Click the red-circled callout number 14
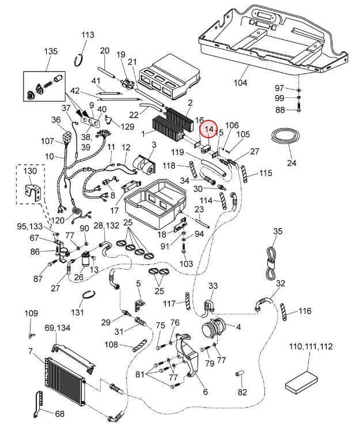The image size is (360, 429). click(x=209, y=129)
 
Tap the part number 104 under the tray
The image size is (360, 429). click(x=240, y=82)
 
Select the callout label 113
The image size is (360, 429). click(x=88, y=35)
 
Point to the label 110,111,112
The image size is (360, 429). click(x=310, y=347)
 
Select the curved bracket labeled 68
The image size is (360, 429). click(x=39, y=405)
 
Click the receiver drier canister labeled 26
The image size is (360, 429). click(x=86, y=259)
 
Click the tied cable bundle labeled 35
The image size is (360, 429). click(x=272, y=263)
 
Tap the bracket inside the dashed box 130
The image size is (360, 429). click(x=33, y=193)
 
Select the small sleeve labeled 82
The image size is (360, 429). click(x=240, y=374)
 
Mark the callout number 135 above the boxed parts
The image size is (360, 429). click(x=51, y=51)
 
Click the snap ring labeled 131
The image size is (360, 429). click(x=89, y=296)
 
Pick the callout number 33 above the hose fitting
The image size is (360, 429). click(x=213, y=286)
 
